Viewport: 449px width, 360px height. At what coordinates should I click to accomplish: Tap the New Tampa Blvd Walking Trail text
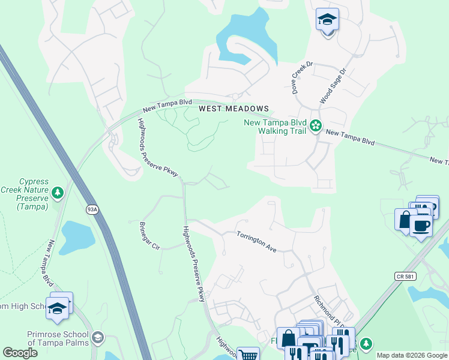[274, 127]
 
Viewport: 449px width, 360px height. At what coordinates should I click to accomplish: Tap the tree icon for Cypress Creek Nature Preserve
[57, 193]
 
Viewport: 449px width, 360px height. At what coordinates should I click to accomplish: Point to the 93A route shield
[92, 209]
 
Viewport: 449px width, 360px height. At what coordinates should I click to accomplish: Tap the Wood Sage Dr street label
[333, 86]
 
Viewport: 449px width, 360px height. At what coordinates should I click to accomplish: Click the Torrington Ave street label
[256, 241]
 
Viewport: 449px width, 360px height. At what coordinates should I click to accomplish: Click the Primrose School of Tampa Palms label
[58, 338]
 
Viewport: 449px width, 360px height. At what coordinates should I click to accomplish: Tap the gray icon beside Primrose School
[98, 338]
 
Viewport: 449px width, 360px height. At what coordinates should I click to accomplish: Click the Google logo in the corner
[20, 353]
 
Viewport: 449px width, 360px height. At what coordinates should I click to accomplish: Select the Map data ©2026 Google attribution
[412, 355]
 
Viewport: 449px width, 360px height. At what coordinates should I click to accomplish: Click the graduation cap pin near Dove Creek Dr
[327, 20]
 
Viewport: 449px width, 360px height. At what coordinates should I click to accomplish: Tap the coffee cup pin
[421, 226]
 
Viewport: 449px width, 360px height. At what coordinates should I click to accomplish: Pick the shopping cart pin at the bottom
[248, 355]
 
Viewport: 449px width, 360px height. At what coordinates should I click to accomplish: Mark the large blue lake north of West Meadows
[246, 36]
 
